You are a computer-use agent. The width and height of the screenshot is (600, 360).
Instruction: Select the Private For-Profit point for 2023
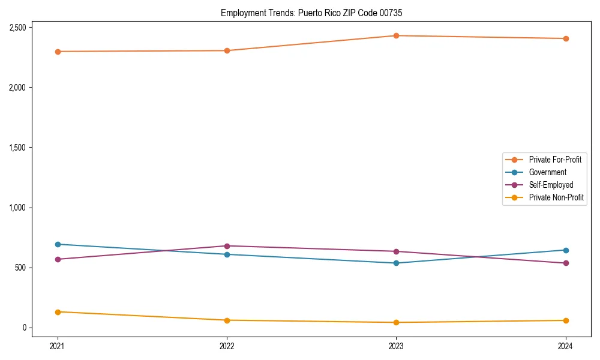(x=397, y=36)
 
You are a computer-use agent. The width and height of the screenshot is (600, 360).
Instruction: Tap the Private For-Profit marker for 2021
(x=58, y=52)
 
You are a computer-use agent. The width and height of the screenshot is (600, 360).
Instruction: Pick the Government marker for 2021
(x=58, y=244)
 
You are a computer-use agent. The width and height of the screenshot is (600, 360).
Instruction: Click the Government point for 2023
(x=397, y=263)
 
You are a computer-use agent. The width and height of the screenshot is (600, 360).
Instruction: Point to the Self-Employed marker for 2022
(x=227, y=246)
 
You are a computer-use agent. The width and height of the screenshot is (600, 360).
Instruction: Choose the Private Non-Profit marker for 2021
(x=58, y=312)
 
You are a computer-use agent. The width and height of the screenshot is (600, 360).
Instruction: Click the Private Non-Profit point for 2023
(x=397, y=322)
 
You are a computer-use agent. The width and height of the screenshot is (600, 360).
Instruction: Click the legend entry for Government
(x=547, y=172)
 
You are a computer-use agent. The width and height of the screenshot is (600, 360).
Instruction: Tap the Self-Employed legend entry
(x=551, y=185)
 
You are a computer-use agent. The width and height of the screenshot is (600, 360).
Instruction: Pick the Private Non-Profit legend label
(x=556, y=197)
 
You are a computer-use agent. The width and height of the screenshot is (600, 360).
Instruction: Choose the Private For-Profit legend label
(x=555, y=160)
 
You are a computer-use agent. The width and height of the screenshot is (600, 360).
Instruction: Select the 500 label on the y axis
(x=20, y=268)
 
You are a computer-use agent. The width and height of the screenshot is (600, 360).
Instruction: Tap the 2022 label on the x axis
(x=227, y=346)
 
